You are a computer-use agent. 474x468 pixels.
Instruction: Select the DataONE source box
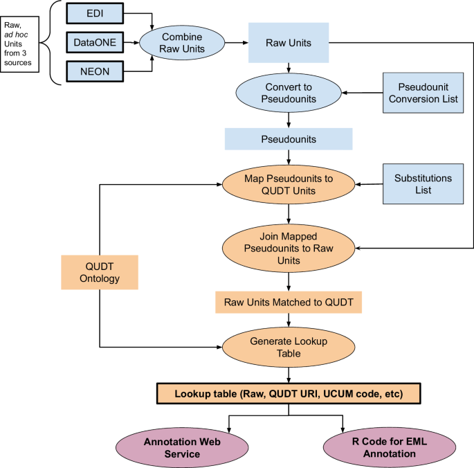click(x=96, y=44)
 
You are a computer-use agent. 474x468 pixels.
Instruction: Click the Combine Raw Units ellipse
click(x=181, y=42)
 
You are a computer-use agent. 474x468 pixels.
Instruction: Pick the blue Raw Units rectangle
click(x=288, y=42)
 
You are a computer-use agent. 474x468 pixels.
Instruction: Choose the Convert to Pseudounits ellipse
click(x=289, y=93)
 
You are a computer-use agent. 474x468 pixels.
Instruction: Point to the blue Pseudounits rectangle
click(x=288, y=139)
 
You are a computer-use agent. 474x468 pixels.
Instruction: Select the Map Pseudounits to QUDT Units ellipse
click(x=289, y=184)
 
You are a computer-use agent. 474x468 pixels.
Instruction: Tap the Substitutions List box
click(x=423, y=184)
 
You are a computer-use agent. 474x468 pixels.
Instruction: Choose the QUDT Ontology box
click(x=100, y=272)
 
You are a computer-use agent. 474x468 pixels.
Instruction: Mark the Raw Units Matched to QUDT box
click(x=288, y=303)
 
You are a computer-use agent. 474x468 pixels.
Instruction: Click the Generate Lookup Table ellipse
click(x=289, y=345)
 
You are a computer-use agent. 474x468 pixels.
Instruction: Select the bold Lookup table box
click(x=288, y=393)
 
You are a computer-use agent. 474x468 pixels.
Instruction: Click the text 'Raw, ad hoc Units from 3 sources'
click(x=21, y=44)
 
